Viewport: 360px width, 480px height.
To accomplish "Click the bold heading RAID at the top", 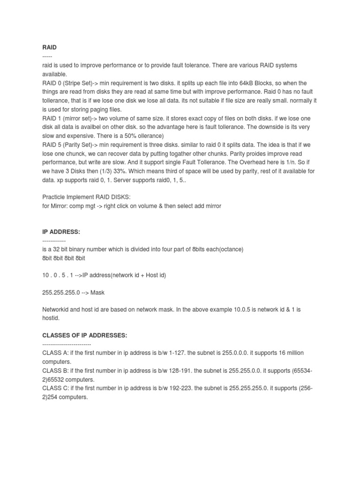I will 49,47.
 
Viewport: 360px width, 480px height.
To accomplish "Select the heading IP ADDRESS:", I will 61,232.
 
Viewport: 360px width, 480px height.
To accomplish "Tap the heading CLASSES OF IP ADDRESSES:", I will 84,336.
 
